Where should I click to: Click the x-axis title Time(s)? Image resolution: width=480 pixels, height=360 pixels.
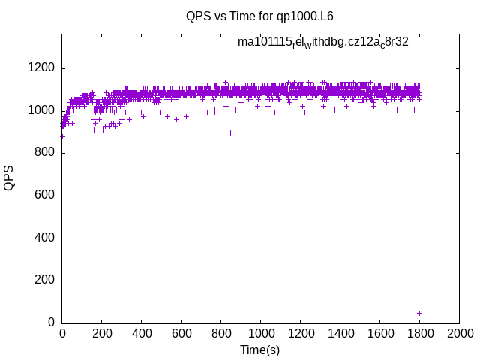click(259, 349)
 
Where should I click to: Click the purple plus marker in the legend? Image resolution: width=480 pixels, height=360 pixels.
click(430, 43)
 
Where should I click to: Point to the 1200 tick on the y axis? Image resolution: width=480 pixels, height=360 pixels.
click(40, 68)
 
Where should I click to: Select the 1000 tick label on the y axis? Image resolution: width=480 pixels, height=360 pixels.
click(40, 111)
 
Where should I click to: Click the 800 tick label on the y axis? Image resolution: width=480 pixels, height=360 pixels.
click(43, 153)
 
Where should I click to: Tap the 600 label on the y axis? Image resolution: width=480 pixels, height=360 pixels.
click(43, 196)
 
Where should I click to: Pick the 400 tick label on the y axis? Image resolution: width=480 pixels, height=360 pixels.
click(43, 238)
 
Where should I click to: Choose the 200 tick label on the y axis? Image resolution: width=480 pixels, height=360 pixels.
click(43, 280)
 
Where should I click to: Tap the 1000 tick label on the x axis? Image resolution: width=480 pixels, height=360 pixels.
click(260, 332)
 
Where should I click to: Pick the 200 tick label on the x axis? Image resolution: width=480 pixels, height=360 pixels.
click(102, 332)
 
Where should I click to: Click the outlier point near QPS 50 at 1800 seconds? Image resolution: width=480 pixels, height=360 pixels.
click(419, 313)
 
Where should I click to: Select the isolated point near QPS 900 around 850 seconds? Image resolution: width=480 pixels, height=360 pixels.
click(230, 133)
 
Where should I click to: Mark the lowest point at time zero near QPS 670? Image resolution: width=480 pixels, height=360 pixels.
click(62, 181)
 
